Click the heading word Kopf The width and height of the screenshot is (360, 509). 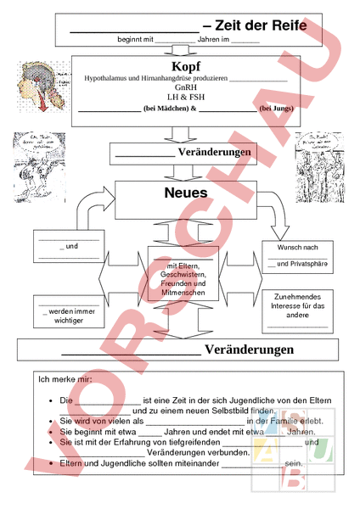tap(185, 66)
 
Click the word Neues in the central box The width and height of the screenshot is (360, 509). tap(185, 193)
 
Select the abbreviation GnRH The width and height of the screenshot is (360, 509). tap(185, 87)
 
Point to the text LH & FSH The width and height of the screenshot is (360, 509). tap(185, 98)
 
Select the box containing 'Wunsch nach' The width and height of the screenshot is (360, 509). tap(297, 257)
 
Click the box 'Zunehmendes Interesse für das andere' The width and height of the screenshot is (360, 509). tap(297, 310)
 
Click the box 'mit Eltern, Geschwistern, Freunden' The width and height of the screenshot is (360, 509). tap(183, 279)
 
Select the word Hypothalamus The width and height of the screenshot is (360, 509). tap(105, 77)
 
